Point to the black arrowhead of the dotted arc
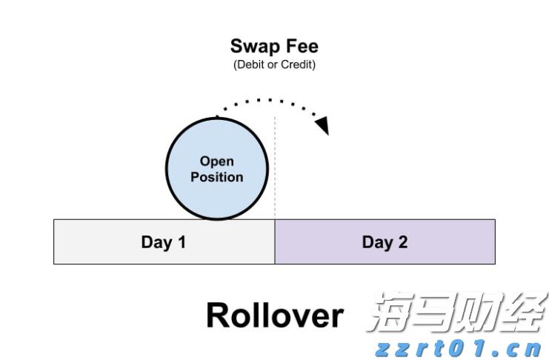(322, 125)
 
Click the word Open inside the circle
(217, 161)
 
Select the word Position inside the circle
(217, 177)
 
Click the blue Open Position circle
(217, 168)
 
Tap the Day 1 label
(164, 242)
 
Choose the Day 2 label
(385, 242)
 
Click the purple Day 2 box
(385, 241)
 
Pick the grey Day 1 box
(164, 241)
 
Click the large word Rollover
(275, 316)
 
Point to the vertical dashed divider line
(275, 168)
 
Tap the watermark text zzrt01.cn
(459, 348)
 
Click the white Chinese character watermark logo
(457, 312)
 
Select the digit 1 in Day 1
(182, 241)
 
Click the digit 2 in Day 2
(402, 241)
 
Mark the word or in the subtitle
(273, 64)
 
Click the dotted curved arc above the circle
(270, 101)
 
